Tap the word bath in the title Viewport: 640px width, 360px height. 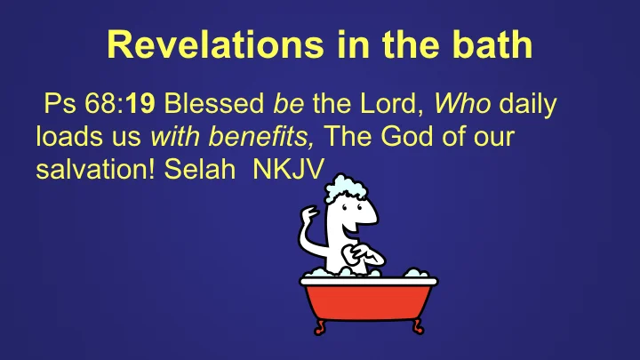491,45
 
